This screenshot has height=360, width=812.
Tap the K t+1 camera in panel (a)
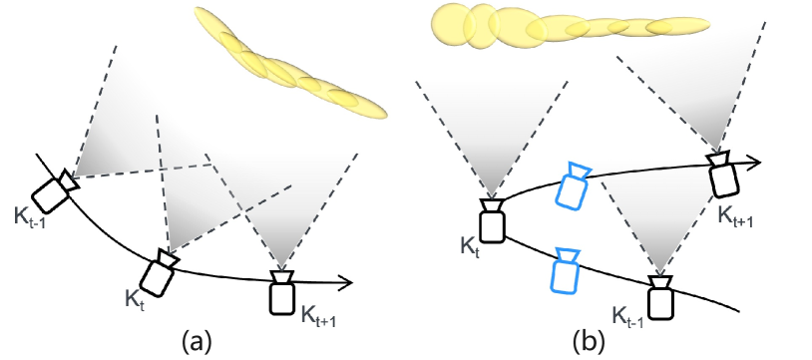point(283,291)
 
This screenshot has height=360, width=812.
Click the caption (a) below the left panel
point(195,343)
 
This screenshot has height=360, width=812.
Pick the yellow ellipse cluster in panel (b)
point(539,26)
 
